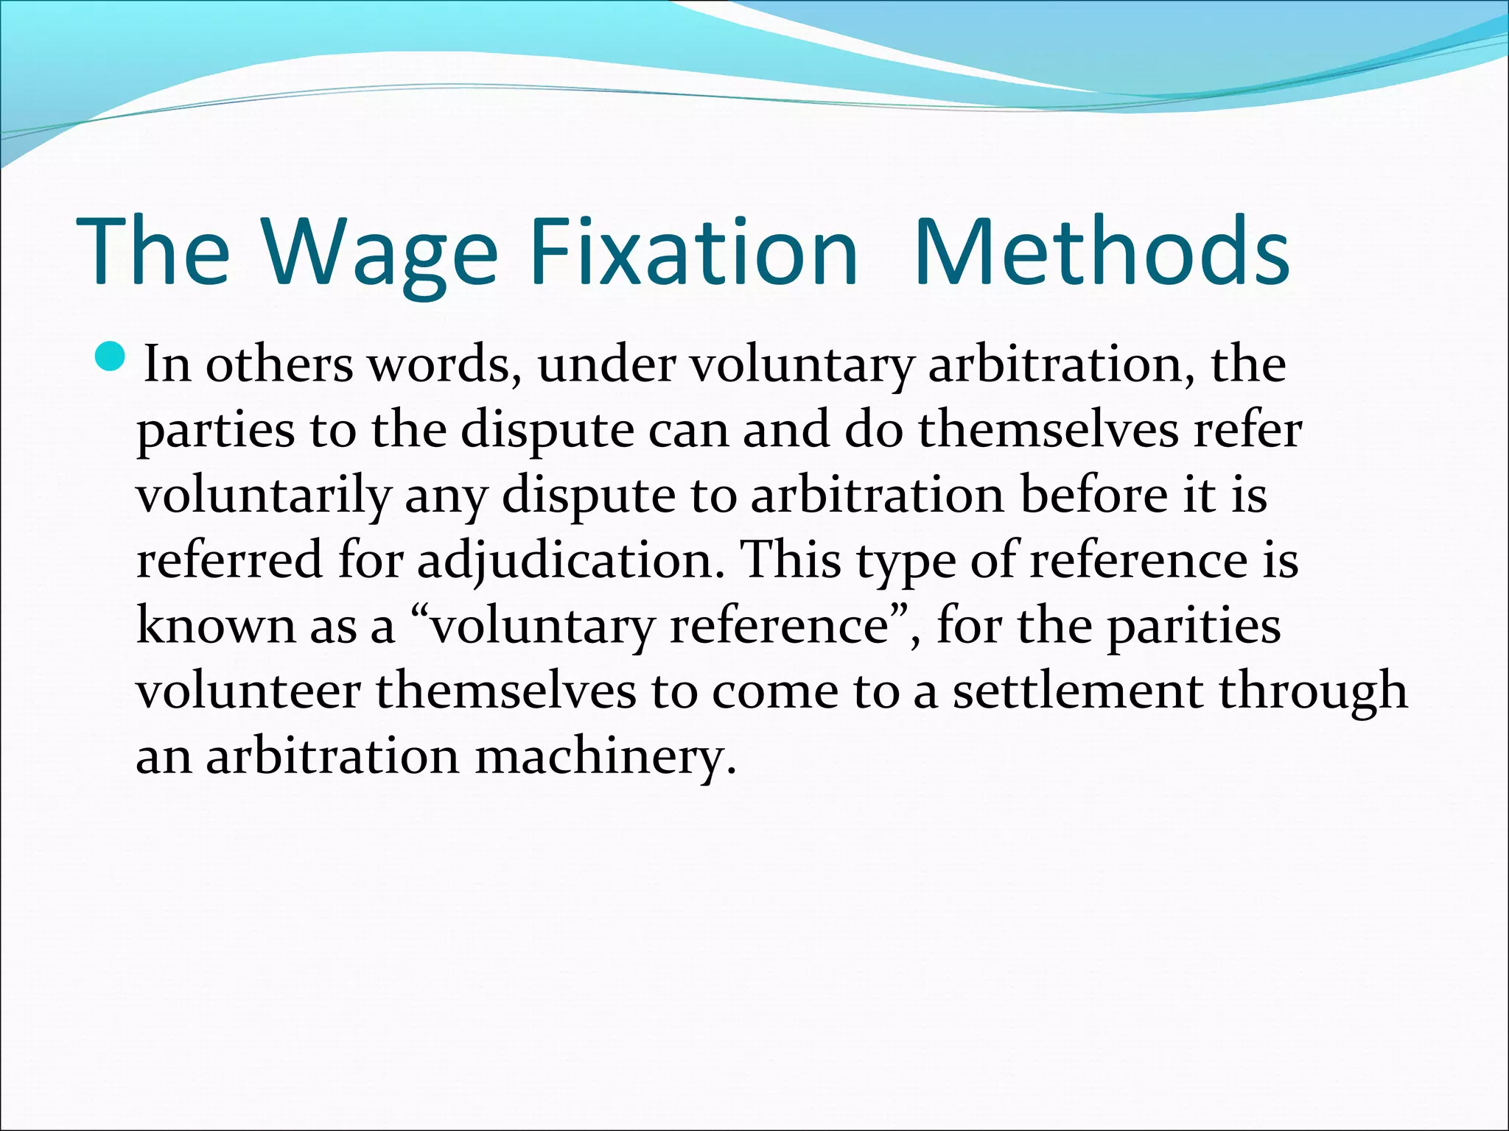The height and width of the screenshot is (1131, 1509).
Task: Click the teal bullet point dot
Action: (111, 357)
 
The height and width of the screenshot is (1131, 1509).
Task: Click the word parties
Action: (215, 430)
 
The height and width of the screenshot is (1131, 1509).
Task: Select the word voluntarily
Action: (262, 496)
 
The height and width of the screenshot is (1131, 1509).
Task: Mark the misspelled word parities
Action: (1194, 626)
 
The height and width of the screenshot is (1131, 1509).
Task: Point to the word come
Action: (774, 691)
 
